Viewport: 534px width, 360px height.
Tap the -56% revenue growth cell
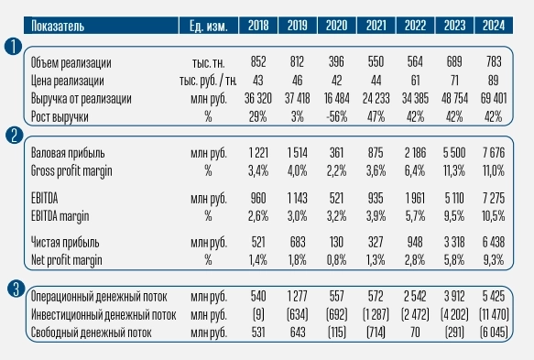(x=340, y=113)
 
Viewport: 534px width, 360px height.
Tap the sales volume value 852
(x=258, y=62)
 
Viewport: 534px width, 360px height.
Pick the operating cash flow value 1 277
(x=297, y=297)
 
